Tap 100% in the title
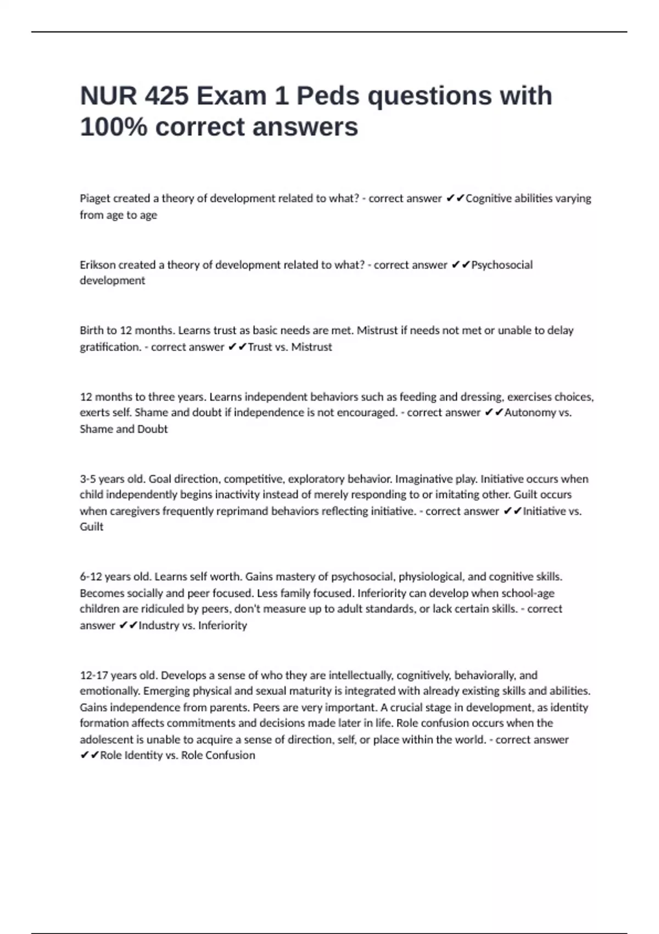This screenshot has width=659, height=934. coord(114,127)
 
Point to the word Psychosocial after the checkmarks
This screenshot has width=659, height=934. coord(502,265)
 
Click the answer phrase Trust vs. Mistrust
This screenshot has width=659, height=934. coord(290,347)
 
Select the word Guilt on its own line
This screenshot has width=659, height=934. coord(92,527)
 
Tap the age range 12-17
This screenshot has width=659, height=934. coord(94,675)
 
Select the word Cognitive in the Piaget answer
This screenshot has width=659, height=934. coord(488,198)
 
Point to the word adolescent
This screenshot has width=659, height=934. coord(107,740)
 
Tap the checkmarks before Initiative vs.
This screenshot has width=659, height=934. coord(512,512)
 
